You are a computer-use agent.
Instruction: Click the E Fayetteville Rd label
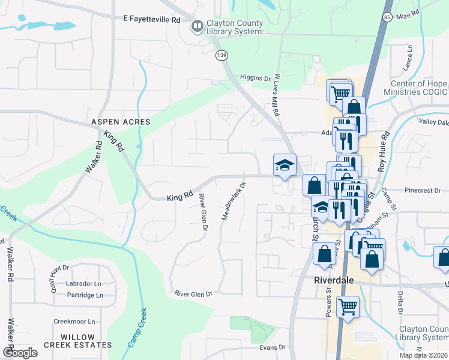click(152, 19)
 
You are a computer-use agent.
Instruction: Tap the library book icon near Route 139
click(196, 26)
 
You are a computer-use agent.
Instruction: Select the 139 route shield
click(222, 55)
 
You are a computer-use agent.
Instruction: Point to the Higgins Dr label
click(255, 78)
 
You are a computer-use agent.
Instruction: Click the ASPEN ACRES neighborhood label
click(120, 122)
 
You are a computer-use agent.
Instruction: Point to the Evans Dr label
click(273, 347)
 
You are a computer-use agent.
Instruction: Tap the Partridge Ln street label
click(85, 295)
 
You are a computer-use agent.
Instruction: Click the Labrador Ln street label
click(84, 283)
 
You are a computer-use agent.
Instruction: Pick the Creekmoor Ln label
click(74, 322)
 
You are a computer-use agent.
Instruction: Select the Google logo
click(20, 352)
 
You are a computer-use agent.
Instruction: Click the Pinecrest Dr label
click(423, 190)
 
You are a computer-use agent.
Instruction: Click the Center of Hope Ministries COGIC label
click(419, 88)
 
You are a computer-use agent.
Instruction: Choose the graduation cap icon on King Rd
click(285, 164)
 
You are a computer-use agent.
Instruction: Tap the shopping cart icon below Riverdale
click(348, 307)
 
